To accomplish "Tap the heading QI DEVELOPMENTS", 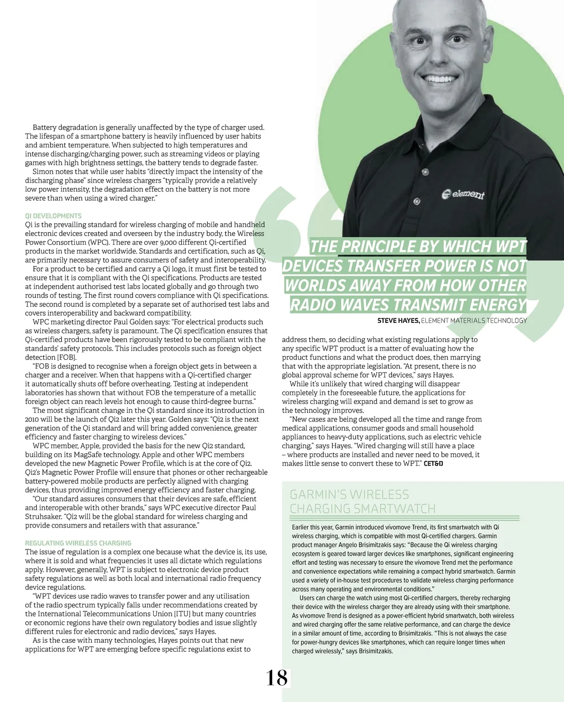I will coord(53,216).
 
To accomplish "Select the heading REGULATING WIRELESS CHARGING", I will coord(78,543).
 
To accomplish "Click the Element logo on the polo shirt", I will coord(463,194).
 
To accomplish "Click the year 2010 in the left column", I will coord(33,420).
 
